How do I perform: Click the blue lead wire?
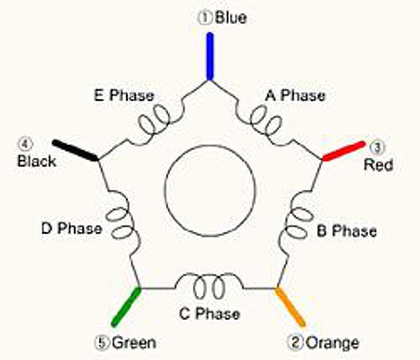210,56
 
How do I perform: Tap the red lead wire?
343,151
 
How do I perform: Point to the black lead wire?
75,150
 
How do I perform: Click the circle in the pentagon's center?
210,190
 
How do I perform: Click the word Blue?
231,18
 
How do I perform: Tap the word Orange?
332,343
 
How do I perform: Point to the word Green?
134,343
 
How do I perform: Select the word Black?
37,161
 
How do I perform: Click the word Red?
378,165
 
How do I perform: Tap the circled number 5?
102,343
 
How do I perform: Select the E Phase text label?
124,96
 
